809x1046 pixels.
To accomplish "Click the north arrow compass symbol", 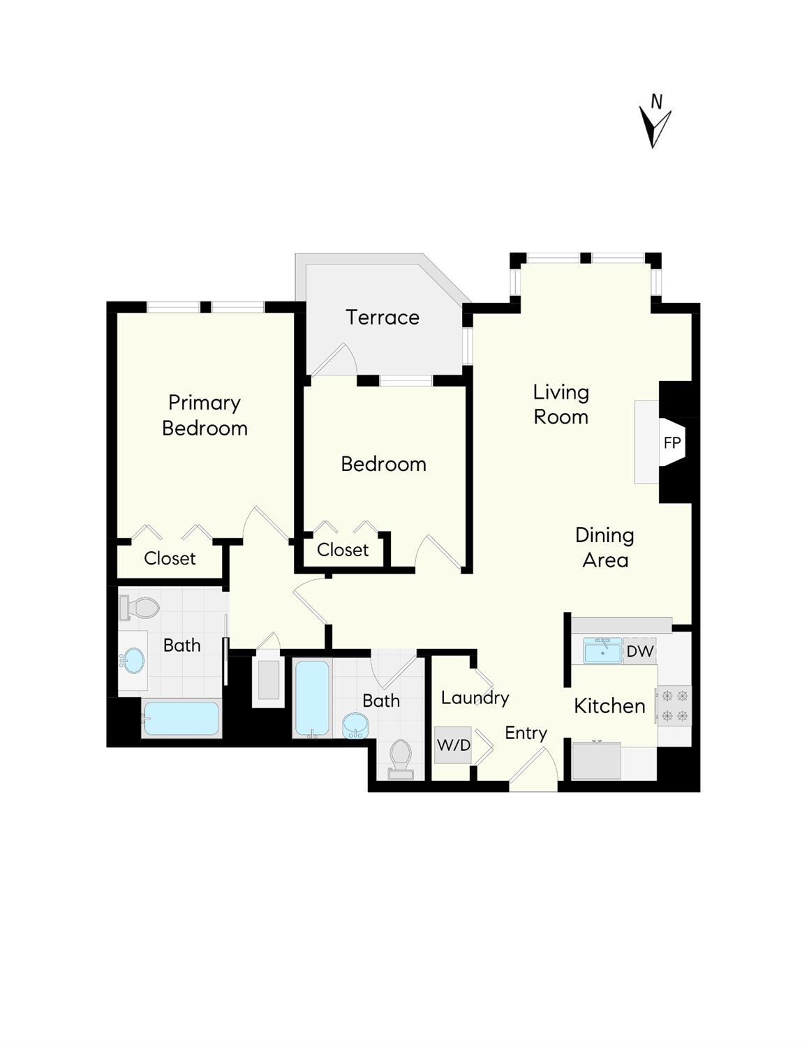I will [654, 123].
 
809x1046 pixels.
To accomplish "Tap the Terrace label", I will [383, 317].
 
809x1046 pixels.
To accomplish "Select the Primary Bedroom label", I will [205, 415].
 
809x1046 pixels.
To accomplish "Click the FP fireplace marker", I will [672, 442].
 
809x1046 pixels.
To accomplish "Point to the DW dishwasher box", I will [639, 652].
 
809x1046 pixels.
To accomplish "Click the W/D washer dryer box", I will [453, 745].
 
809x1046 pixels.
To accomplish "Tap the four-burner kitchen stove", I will [674, 705].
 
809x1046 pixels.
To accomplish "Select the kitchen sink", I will [602, 652].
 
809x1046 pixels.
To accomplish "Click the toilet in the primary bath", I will [140, 608].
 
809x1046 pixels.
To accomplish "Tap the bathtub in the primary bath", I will [181, 719].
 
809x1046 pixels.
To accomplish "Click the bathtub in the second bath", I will [312, 698].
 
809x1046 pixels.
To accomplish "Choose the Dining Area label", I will [605, 548].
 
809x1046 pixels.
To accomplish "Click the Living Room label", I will [561, 405].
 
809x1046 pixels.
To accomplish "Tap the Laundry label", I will [475, 698].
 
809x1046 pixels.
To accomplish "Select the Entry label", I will [526, 733].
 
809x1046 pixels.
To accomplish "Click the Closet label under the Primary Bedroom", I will [170, 558].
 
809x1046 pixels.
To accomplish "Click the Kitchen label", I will [609, 706].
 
